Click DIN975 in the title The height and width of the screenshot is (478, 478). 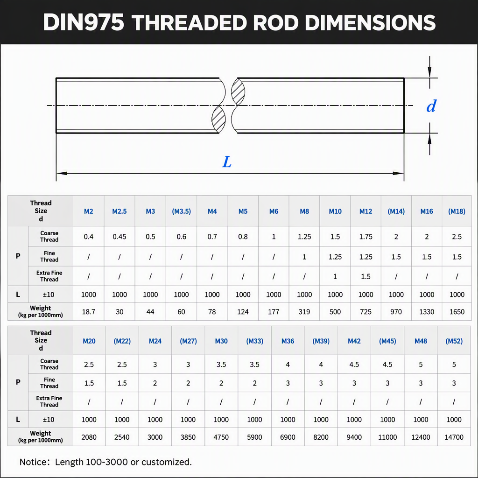tap(84, 22)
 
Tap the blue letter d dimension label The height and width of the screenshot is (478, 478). tap(431, 106)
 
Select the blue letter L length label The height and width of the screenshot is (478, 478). tap(227, 162)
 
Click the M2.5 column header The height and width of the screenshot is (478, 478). tap(119, 211)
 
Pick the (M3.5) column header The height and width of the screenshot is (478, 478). tap(182, 211)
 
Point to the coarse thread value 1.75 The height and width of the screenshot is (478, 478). tap(366, 237)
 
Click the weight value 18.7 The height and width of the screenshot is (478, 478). tap(89, 311)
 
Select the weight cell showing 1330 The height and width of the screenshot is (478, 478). tap(427, 311)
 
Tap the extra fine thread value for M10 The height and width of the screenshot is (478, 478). tap(335, 276)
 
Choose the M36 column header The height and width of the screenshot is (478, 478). tap(288, 341)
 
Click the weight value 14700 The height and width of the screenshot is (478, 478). tap(454, 437)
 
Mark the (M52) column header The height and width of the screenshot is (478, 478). tap(454, 341)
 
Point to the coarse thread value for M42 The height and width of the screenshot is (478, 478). tap(354, 364)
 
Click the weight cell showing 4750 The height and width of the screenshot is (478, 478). tap(221, 437)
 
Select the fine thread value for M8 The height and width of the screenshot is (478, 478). tap(304, 257)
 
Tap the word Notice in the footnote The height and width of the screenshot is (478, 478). tap(33, 462)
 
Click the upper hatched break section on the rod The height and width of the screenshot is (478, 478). tap(238, 92)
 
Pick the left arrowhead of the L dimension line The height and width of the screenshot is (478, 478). tap(62, 173)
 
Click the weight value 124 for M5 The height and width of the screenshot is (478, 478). tap(243, 311)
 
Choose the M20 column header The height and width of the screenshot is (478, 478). tap(89, 341)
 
